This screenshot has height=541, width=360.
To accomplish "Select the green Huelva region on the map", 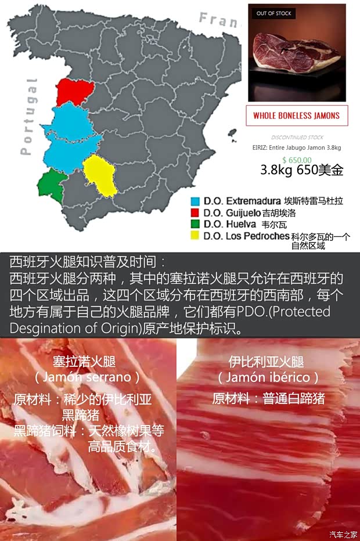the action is (x=50, y=185).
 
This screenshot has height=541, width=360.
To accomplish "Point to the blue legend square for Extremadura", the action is (x=195, y=201).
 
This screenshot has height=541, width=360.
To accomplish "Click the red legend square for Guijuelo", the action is (x=195, y=212).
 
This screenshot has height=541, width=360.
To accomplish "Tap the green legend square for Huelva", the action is (x=195, y=224).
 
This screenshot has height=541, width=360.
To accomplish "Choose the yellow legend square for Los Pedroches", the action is (x=195, y=236).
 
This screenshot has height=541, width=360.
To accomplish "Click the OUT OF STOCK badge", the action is (x=274, y=13).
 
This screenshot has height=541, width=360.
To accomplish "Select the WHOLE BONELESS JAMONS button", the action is (x=296, y=116).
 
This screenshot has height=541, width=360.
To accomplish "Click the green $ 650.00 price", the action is (x=297, y=160).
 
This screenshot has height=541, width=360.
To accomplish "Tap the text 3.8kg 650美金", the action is (x=301, y=170).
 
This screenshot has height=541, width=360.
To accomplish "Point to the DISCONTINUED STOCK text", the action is (x=297, y=138).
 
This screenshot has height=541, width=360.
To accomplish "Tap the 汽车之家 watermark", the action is (x=343, y=535).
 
